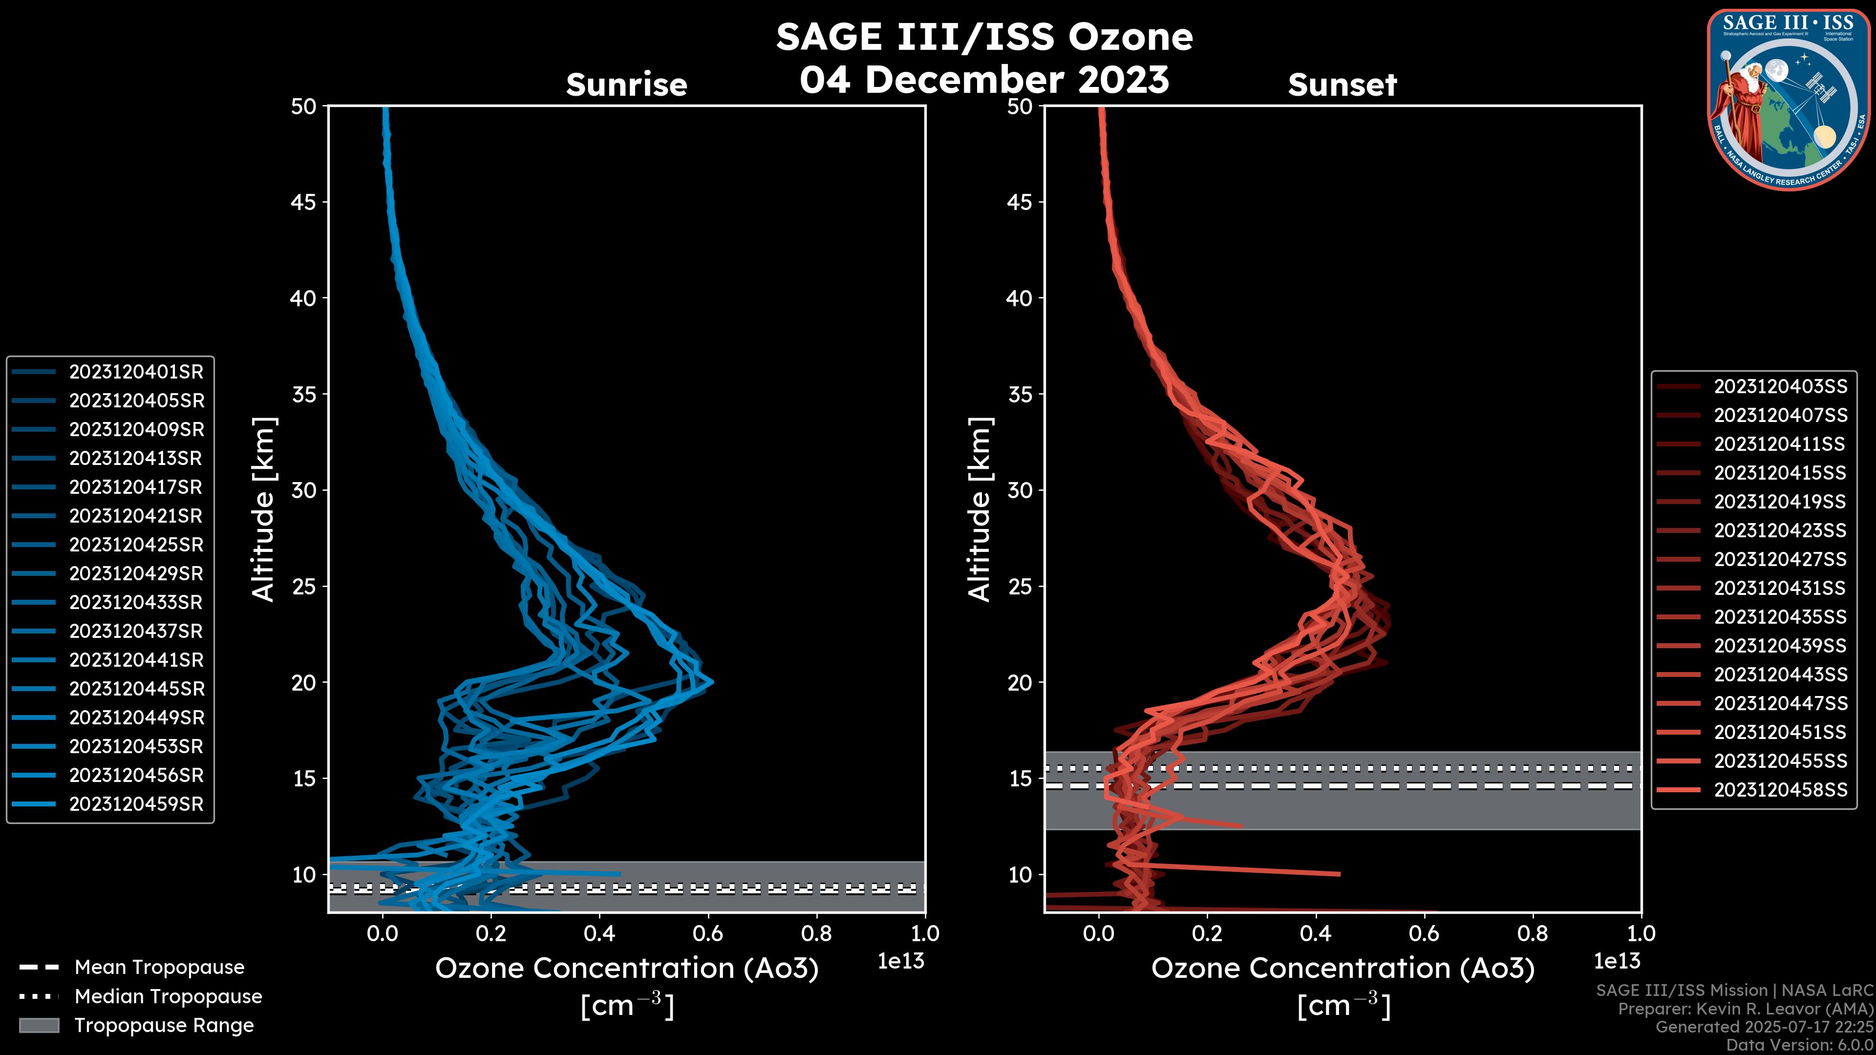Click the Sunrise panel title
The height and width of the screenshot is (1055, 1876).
626,84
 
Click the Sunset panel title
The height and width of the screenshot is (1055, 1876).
1342,84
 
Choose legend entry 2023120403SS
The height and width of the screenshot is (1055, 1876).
1780,387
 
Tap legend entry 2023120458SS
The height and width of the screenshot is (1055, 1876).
1780,790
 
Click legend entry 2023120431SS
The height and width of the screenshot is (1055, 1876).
1780,588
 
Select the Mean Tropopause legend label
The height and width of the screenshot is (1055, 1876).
159,968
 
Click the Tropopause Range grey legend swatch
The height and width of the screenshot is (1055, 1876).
39,1025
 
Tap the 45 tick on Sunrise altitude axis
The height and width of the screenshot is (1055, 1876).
304,202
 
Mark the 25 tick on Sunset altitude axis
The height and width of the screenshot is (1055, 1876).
1020,586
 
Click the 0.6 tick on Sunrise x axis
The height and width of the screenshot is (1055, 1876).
708,933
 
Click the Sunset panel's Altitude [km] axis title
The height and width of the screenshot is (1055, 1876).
980,509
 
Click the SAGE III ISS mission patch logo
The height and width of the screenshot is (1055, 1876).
1788,99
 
